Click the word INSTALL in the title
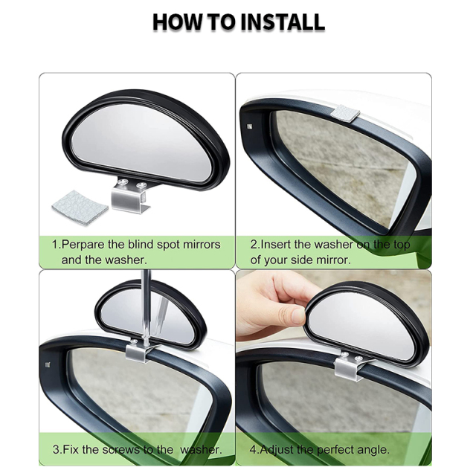[280, 22]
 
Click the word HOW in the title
[178, 22]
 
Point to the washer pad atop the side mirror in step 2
[345, 114]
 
